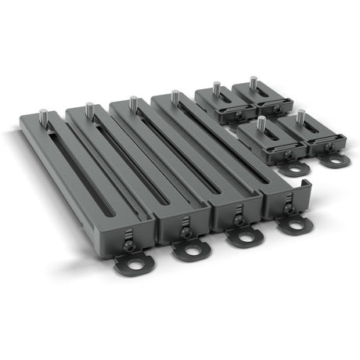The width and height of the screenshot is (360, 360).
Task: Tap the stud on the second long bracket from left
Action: point(90,109)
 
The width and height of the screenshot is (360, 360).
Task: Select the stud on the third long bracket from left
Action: point(133,103)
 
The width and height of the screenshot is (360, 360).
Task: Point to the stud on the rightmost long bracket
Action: point(175,96)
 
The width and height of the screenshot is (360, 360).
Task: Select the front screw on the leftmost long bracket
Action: point(130,244)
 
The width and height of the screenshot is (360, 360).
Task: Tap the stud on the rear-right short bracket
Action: point(252,80)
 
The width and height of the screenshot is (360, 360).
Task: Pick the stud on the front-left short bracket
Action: point(261,122)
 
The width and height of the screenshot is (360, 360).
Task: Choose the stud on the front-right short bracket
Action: point(298,116)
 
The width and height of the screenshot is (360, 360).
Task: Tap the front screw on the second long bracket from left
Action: point(185,232)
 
